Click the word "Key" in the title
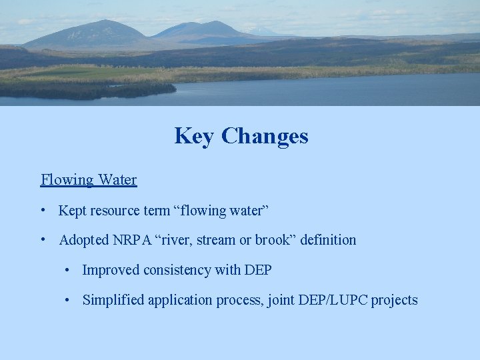[x=195, y=136]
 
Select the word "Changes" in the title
[x=265, y=136]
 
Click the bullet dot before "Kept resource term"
[x=43, y=211]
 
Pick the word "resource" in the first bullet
[x=115, y=211]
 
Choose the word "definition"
[x=328, y=240]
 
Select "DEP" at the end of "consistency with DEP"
[x=258, y=270]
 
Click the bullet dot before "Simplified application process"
[x=67, y=300]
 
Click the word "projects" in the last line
[x=395, y=300]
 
